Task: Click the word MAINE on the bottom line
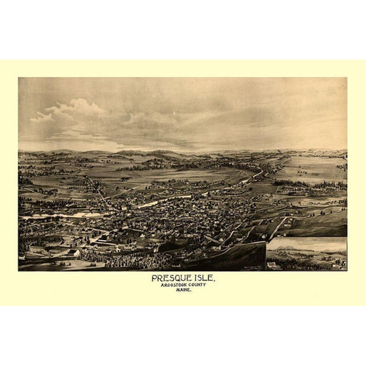pyautogui.click(x=183, y=293)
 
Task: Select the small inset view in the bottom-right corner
pyautogui.click(x=306, y=254)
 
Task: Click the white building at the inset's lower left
pyautogui.click(x=272, y=265)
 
